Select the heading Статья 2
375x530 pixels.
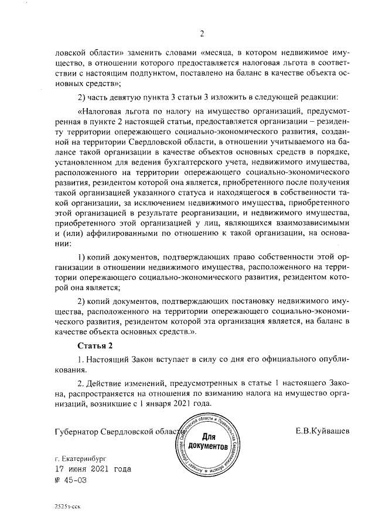coord(96,344)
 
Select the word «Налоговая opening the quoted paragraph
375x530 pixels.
coord(103,110)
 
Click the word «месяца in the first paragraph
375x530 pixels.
coord(222,50)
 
